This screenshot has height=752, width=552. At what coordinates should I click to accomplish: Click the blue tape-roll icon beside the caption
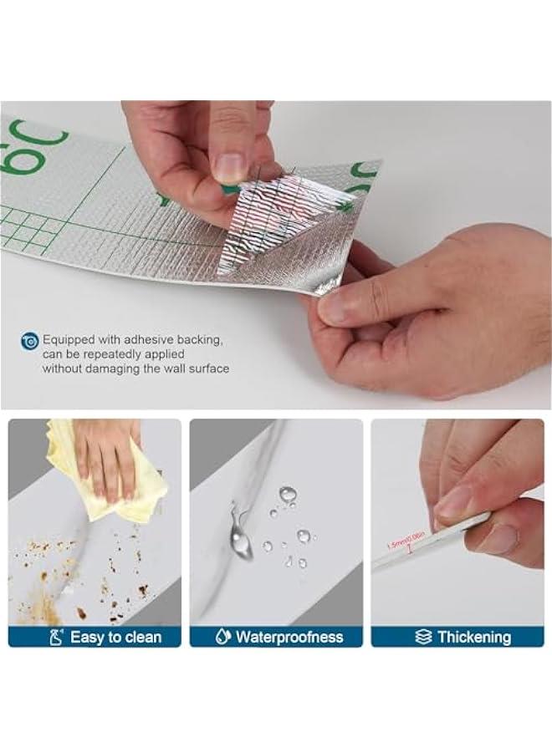coord(30,340)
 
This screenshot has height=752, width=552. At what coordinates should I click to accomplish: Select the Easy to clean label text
coord(115,638)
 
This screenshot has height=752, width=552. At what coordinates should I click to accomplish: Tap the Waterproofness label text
coord(289,638)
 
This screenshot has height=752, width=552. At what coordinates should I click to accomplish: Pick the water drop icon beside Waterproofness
coord(222,638)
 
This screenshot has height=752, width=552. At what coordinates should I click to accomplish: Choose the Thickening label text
coord(473,638)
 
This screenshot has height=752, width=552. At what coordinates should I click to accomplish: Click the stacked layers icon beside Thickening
coord(423,638)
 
